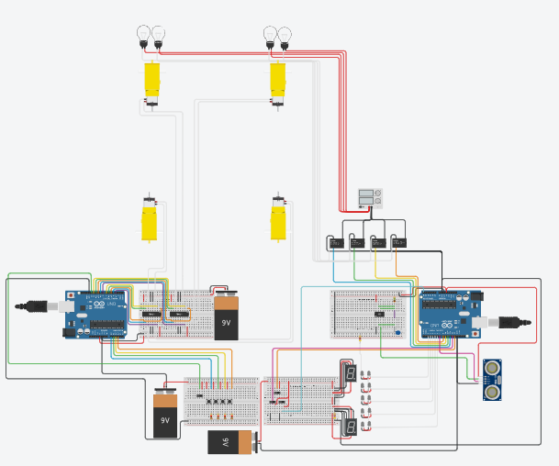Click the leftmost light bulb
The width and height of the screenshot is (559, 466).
click(142, 34)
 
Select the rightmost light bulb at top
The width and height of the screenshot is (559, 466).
click(285, 36)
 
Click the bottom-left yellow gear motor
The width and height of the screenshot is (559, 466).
click(149, 221)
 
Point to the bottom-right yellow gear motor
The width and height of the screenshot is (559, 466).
click(278, 221)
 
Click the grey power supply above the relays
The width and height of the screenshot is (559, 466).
click(370, 197)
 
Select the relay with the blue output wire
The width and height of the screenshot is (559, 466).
click(336, 243)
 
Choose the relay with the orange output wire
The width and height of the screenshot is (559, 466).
click(377, 243)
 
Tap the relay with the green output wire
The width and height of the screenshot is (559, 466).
click(357, 243)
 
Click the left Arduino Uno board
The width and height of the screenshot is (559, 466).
click(95, 315)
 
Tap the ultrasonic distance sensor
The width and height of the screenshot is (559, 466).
click(494, 379)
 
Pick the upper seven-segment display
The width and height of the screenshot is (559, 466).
click(350, 372)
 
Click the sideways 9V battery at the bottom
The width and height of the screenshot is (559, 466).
click(229, 442)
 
